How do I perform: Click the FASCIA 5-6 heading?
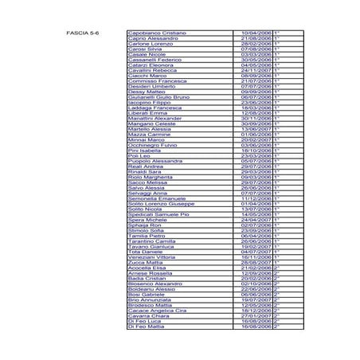point(82,33)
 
